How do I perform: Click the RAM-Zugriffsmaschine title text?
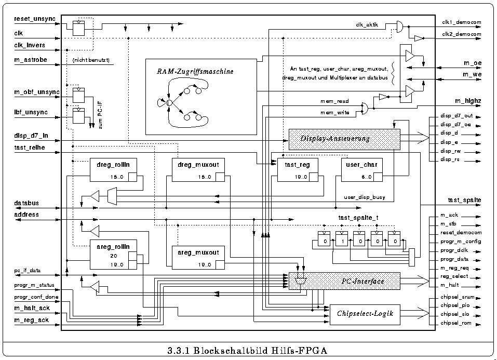tap(195, 71)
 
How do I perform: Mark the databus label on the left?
tap(26, 203)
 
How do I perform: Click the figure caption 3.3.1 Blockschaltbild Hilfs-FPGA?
tap(248, 350)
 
